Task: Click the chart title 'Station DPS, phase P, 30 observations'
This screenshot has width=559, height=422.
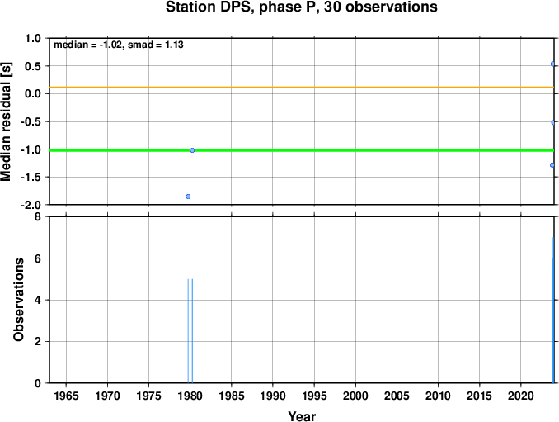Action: [x=301, y=7]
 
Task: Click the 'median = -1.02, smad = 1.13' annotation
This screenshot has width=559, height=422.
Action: [x=119, y=45]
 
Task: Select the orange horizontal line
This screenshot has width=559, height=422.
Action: [x=302, y=88]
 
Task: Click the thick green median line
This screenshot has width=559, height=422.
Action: [x=302, y=150]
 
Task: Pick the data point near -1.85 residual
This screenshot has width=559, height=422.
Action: [x=188, y=197]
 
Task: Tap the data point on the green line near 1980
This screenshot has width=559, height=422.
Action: [x=192, y=150]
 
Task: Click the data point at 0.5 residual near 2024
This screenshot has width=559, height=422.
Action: [x=552, y=64]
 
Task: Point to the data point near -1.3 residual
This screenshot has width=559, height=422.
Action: [x=552, y=165]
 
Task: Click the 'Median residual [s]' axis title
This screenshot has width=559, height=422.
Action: [x=6, y=121]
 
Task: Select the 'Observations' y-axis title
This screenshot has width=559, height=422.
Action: [x=18, y=300]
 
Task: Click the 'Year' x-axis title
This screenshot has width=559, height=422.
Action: [x=302, y=416]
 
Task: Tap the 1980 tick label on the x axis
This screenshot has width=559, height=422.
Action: [x=190, y=396]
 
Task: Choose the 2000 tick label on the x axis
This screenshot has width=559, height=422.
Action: [x=355, y=396]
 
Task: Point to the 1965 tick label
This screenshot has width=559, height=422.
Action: [x=66, y=396]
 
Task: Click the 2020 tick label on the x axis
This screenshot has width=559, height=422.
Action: [x=521, y=396]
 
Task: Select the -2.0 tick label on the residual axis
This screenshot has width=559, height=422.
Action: [x=31, y=205]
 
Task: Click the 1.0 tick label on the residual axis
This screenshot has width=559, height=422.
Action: [x=33, y=38]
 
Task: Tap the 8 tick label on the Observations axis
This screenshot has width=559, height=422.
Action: [x=38, y=216]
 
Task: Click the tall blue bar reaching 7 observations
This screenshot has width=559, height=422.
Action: [x=552, y=310]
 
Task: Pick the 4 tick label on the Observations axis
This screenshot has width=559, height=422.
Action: [x=38, y=300]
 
